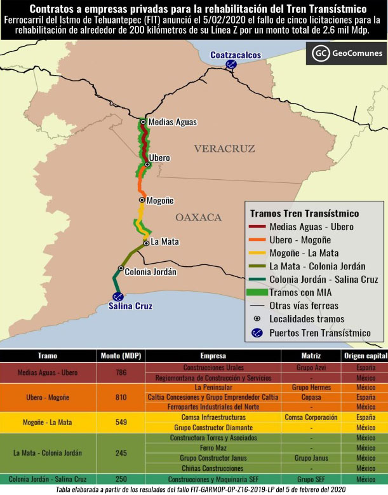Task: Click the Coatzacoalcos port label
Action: point(236,55)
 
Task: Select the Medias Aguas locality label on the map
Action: point(172,122)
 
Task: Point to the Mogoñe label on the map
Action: point(160,200)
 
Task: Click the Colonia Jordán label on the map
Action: point(151,271)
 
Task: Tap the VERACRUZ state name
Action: point(224,149)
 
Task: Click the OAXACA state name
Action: point(198,217)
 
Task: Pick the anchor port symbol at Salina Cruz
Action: point(117,296)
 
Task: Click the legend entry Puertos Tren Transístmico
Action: point(320,332)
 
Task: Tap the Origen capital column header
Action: point(365,356)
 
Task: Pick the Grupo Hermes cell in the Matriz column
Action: point(311,387)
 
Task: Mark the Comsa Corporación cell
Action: point(311,417)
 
